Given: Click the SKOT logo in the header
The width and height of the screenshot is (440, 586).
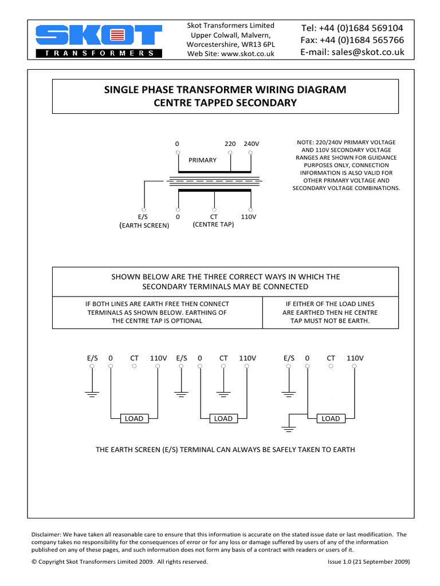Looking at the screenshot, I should pyautogui.click(x=99, y=40).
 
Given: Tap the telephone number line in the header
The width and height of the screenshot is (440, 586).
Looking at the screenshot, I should pyautogui.click(x=352, y=28).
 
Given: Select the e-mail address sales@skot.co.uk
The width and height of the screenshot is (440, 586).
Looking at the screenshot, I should pyautogui.click(x=372, y=52).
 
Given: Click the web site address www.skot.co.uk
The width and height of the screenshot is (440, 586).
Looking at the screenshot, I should pyautogui.click(x=247, y=54).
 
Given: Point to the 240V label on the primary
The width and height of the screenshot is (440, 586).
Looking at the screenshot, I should pyautogui.click(x=251, y=144).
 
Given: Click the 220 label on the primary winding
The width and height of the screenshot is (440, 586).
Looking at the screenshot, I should pyautogui.click(x=230, y=144).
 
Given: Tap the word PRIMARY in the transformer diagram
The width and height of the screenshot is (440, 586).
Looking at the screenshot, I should pyautogui.click(x=203, y=160).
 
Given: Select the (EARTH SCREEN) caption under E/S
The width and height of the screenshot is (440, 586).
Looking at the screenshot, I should pyautogui.click(x=144, y=225).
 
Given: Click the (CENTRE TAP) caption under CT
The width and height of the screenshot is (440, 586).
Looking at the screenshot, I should pyautogui.click(x=214, y=224).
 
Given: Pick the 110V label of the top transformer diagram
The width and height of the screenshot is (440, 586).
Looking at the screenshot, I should pyautogui.click(x=249, y=217).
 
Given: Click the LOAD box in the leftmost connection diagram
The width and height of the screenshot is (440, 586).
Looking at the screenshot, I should pyautogui.click(x=134, y=418).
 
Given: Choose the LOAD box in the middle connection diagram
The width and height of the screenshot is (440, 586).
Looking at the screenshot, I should pyautogui.click(x=223, y=418).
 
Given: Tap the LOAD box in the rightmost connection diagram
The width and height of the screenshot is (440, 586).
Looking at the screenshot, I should pyautogui.click(x=331, y=418).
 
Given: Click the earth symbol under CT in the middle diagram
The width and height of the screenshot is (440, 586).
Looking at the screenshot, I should pyautogui.click(x=223, y=394).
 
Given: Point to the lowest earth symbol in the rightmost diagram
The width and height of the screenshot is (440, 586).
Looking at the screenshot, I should pyautogui.click(x=288, y=429).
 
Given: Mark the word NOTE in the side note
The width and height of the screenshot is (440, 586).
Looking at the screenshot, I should pyautogui.click(x=305, y=142).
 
